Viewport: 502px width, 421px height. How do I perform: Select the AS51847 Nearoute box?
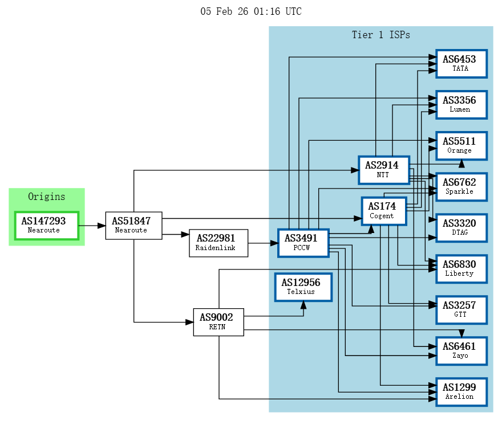coord(133,225)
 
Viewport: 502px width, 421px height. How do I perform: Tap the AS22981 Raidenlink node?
coord(218,243)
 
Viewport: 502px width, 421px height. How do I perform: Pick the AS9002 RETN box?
coord(218,322)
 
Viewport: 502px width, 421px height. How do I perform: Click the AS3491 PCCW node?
coord(303,243)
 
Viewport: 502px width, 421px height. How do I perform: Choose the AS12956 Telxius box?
coord(303,287)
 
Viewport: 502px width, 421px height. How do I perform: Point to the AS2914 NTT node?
coord(384,170)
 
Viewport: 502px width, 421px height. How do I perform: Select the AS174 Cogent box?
coord(384,211)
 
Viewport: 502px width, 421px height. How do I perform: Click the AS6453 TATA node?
coord(461,63)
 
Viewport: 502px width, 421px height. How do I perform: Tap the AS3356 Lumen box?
coord(461,104)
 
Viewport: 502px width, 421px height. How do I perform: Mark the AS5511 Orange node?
coord(461,145)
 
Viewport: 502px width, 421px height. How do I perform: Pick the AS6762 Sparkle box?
coord(461,186)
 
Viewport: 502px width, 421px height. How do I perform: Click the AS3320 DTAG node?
coord(461,227)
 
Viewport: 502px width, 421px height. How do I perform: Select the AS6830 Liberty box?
coord(461,268)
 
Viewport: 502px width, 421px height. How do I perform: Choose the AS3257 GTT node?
coord(461,309)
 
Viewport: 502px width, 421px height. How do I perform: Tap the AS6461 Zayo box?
coord(461,350)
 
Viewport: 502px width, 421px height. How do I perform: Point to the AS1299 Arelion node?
coord(461,391)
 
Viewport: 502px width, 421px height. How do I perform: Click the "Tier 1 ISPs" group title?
coord(380,35)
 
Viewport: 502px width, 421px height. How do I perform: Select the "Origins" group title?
coord(47,197)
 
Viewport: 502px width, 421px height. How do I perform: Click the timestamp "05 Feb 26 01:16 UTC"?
coord(251,11)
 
